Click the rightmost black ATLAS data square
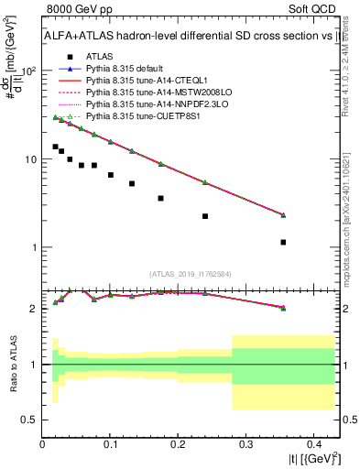pos(283,242)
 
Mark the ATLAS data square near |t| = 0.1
pos(111,175)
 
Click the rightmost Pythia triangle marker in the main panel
pos(283,215)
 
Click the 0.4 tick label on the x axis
pos(313,443)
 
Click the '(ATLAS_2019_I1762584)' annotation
pos(191,274)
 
